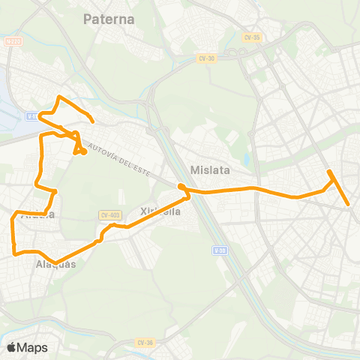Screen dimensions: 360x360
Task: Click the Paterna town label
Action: coord(109,19)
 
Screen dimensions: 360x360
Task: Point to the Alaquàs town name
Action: coord(55,264)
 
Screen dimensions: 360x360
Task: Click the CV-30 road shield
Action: coord(206,57)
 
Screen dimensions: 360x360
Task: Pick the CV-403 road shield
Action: coord(110,215)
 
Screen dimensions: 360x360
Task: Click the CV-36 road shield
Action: coord(145,343)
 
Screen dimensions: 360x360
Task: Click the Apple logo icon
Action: coord(13,347)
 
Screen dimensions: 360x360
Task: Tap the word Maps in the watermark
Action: coord(33,347)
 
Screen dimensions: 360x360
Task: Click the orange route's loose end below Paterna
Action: coord(92,121)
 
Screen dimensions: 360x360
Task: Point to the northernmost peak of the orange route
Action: coord(59,97)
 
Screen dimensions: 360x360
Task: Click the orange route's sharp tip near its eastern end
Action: coord(329,173)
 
